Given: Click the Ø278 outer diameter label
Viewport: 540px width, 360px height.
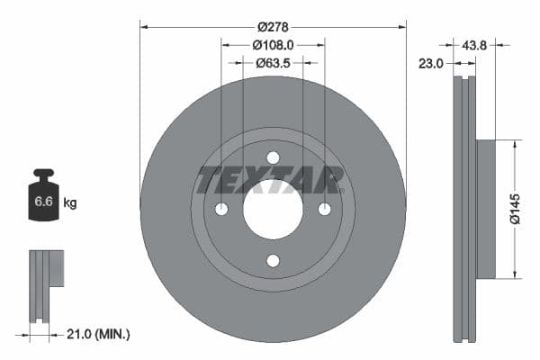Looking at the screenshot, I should pyautogui.click(x=272, y=28).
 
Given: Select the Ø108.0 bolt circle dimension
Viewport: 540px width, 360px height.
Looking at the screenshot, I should pyautogui.click(x=272, y=45).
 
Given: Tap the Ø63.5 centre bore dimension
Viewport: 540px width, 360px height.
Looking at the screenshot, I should pyautogui.click(x=272, y=63).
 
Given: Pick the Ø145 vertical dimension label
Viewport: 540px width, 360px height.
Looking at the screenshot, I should pyautogui.click(x=514, y=208).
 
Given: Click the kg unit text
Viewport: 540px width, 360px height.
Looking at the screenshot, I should pyautogui.click(x=70, y=203).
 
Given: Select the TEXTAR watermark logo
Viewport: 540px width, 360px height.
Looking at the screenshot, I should pyautogui.click(x=270, y=180).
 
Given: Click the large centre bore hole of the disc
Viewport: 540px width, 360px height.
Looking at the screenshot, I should pyautogui.click(x=273, y=210).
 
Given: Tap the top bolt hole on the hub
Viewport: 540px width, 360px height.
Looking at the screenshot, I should pyautogui.click(x=273, y=158).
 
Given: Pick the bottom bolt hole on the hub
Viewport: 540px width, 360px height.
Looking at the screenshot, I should pyautogui.click(x=273, y=261).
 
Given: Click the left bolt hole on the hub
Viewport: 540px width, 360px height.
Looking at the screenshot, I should pyautogui.click(x=221, y=210).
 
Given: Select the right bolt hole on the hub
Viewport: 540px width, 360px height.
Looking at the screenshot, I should pyautogui.click(x=324, y=210).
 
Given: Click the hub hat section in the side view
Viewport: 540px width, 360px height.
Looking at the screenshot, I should pyautogui.click(x=484, y=209).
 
